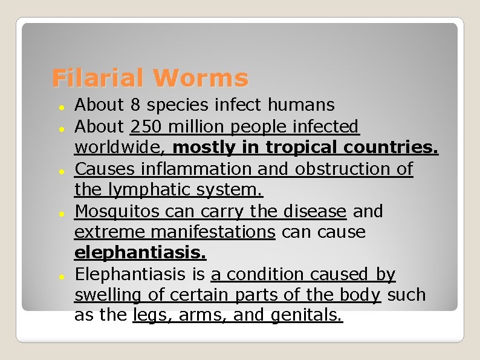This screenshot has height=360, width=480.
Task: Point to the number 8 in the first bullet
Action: tap(135, 105)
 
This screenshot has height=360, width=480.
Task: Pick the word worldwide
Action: tap(120, 148)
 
